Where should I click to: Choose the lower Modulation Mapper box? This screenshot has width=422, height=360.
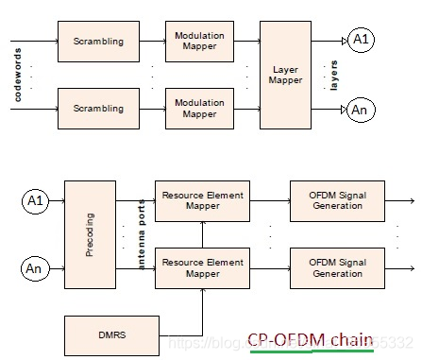[x=199, y=108]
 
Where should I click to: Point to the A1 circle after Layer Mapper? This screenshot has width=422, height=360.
[x=360, y=41]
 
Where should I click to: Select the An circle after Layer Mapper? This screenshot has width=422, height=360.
[x=360, y=110]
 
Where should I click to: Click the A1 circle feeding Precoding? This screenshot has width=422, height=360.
[x=35, y=200]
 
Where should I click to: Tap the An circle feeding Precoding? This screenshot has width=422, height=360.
[x=35, y=268]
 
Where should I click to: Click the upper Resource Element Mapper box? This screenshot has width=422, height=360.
[x=202, y=201]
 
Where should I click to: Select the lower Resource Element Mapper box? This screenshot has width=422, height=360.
[x=202, y=268]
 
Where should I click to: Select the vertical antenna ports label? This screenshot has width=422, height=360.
[x=143, y=234]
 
